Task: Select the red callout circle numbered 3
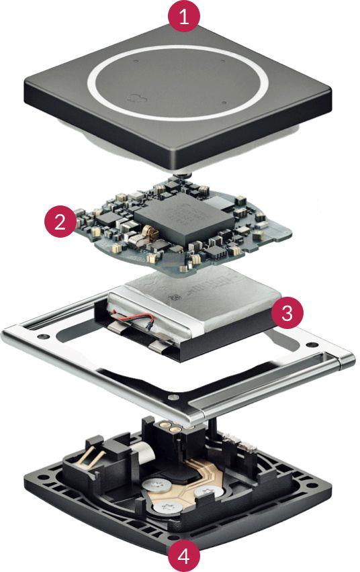point(286,314)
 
